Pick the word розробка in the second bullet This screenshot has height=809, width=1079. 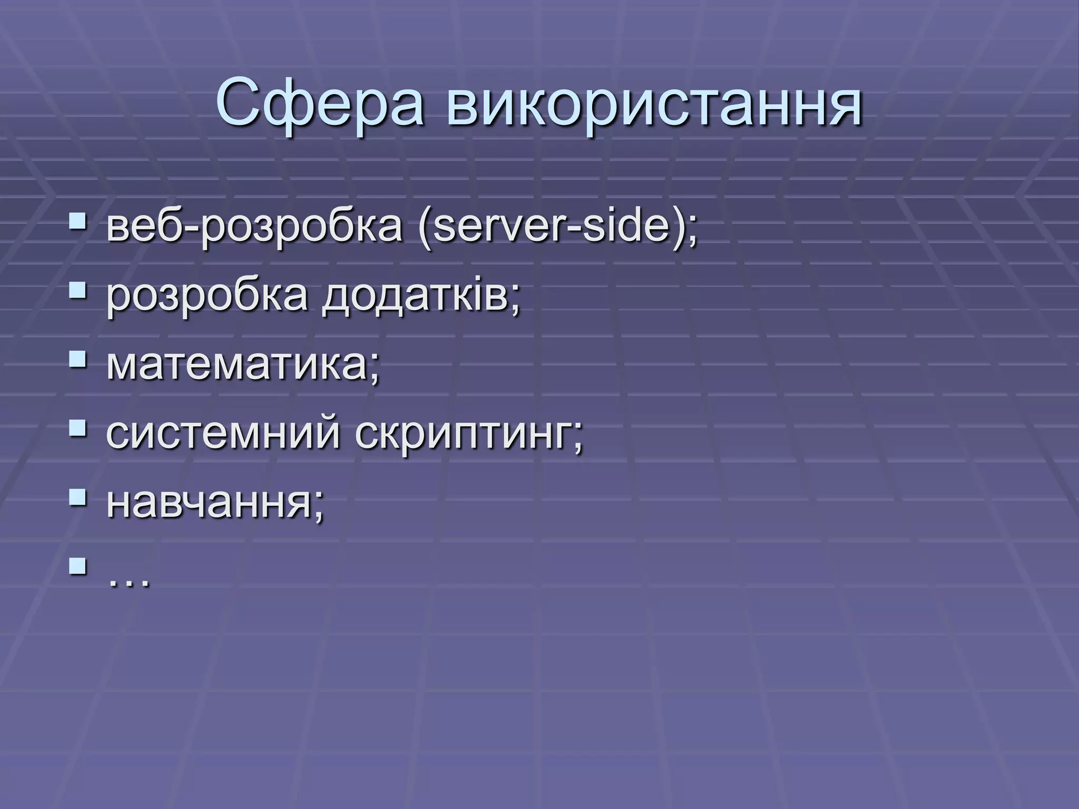click(x=207, y=298)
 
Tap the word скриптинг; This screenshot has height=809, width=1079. click(x=469, y=435)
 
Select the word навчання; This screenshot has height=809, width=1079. click(x=215, y=504)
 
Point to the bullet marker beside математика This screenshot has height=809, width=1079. click(x=77, y=359)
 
